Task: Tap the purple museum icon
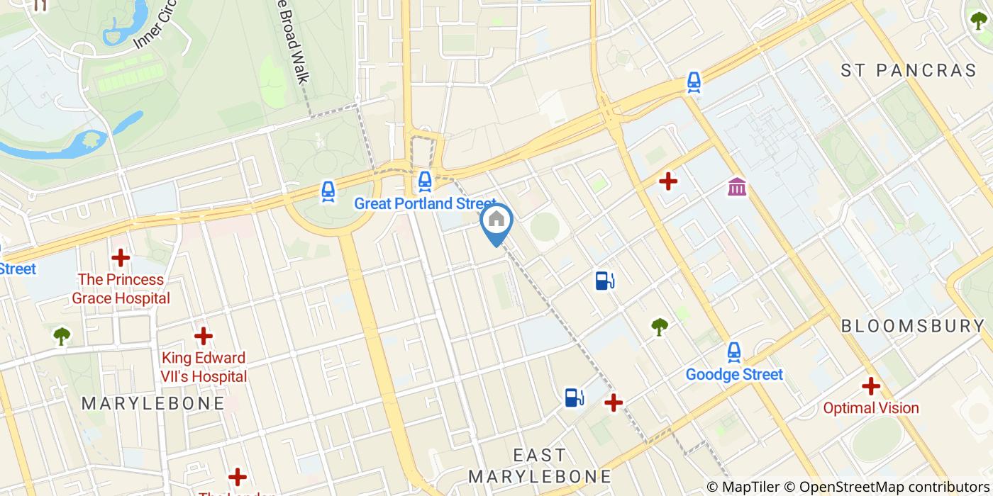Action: click(x=737, y=187)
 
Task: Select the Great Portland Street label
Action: click(x=424, y=204)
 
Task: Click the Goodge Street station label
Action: click(x=734, y=374)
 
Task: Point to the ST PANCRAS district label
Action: click(x=909, y=70)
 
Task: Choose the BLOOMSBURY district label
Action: click(x=913, y=326)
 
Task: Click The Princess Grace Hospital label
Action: click(x=121, y=289)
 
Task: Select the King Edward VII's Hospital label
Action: click(x=204, y=367)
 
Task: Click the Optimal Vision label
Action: click(x=870, y=408)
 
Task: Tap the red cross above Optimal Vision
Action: click(x=870, y=386)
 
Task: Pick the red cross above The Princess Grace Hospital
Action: click(x=121, y=258)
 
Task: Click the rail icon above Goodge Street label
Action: click(x=734, y=352)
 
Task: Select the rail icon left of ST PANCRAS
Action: click(x=694, y=83)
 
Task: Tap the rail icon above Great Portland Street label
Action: click(x=424, y=181)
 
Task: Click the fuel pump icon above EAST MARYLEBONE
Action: click(x=574, y=398)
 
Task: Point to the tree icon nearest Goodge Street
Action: click(x=660, y=327)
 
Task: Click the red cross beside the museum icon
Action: click(x=667, y=181)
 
